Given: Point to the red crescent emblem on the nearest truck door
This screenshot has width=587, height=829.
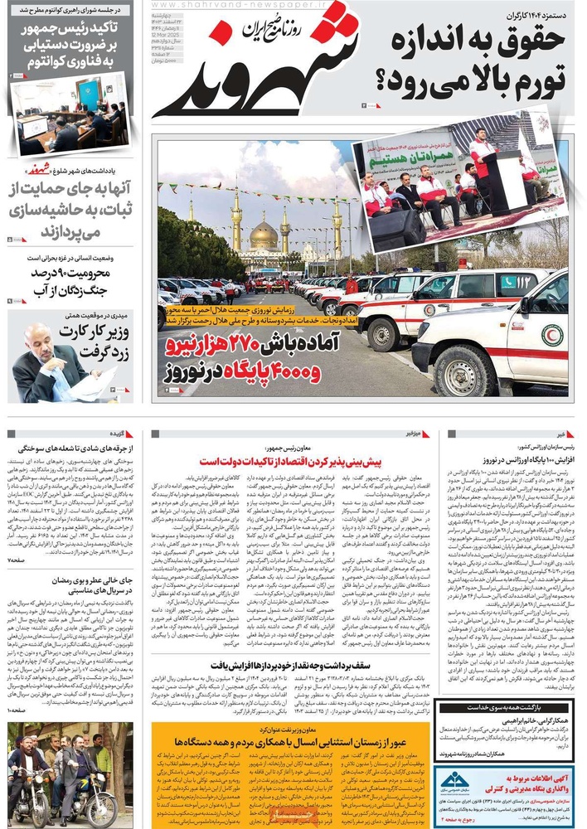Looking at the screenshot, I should (551, 336).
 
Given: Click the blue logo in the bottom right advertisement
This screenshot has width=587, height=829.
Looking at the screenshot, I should (454, 782).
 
